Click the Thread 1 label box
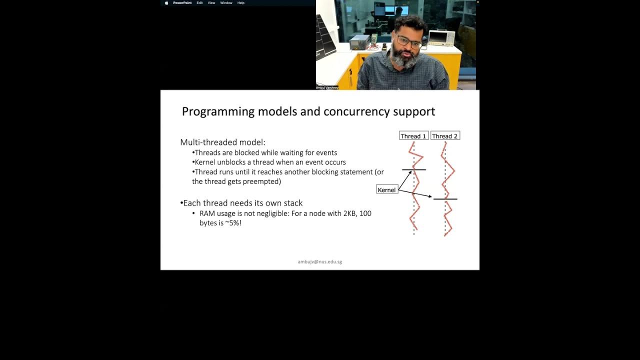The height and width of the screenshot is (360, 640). (x=413, y=136)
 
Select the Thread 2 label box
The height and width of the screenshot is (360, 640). (x=445, y=136)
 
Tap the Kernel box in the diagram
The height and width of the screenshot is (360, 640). (x=386, y=190)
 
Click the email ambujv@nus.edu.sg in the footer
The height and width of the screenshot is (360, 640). (x=320, y=261)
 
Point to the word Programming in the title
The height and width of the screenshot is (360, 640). (x=218, y=111)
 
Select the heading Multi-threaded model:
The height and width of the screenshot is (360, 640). (x=222, y=142)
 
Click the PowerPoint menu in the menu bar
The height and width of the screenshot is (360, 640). (x=182, y=3)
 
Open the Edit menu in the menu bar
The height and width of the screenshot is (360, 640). (x=199, y=3)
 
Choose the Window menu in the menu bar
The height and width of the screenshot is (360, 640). (x=226, y=3)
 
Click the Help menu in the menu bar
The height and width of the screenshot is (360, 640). (x=241, y=3)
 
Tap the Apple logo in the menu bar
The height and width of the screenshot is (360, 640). (x=166, y=3)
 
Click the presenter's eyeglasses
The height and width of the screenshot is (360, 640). (x=408, y=42)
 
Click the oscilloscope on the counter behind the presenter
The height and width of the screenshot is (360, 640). (x=441, y=37)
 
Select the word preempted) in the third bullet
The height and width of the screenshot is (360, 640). (x=263, y=181)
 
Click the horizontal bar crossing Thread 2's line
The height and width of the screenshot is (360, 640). (x=445, y=199)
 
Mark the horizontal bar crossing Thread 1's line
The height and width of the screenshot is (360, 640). (x=414, y=170)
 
